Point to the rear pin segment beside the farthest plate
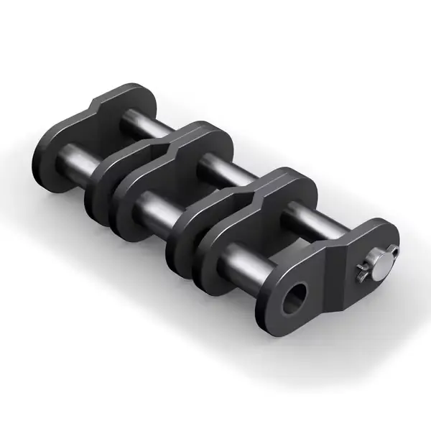136,122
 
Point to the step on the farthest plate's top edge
97,108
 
